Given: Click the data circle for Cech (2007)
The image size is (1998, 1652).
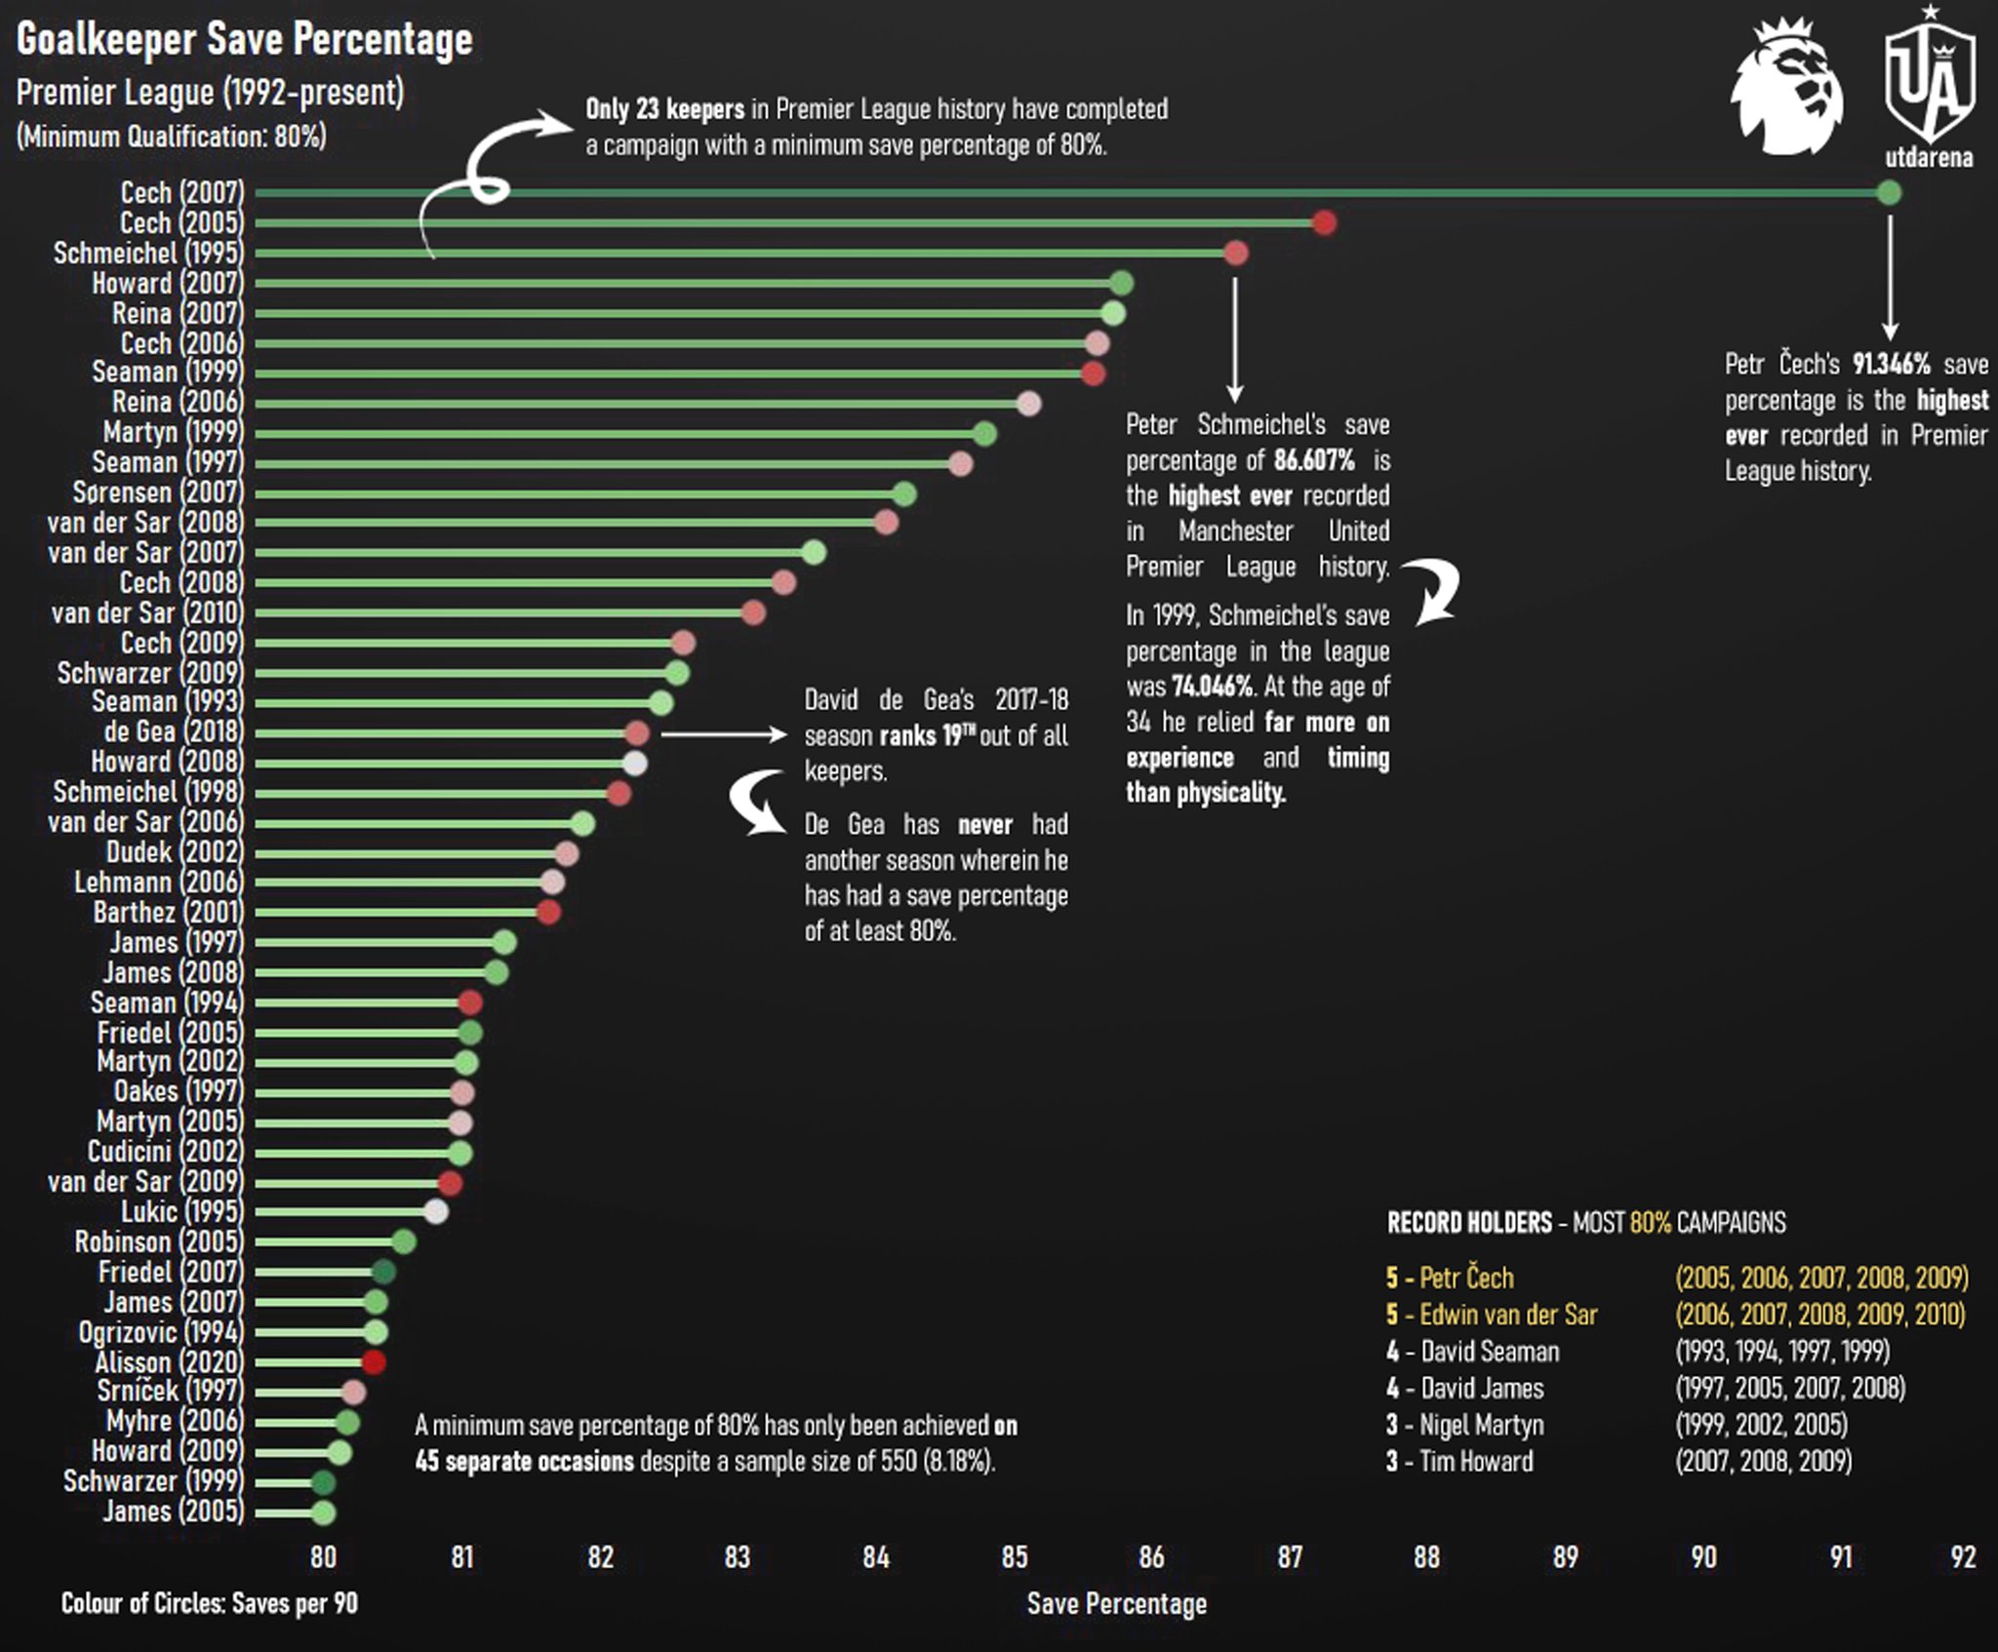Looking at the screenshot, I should pos(1889,193).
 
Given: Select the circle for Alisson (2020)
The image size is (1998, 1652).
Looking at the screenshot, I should pos(374,1362).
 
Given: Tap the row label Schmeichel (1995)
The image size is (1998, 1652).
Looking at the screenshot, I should pos(147,254).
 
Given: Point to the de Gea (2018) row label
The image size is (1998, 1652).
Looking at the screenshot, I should pos(174,732).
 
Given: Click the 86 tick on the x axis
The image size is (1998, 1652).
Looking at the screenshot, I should pos(1151,1557).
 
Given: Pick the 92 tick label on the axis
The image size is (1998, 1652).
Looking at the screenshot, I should pos(1963,1557).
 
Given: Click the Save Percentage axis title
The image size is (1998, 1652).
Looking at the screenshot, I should pos(1116,1604).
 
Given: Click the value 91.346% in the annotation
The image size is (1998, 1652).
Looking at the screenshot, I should pos(1891,365).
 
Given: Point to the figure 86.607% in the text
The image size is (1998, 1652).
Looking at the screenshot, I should pos(1313,460).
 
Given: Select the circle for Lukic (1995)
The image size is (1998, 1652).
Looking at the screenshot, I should pos(436,1212).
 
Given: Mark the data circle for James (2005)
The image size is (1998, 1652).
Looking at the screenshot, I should pos(324,1513).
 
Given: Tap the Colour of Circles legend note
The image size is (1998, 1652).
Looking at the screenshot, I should pos(209,1604).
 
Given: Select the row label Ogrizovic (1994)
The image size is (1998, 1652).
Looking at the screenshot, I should pos(160,1333).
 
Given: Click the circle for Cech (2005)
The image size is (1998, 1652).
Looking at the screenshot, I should pos(1324,223).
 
